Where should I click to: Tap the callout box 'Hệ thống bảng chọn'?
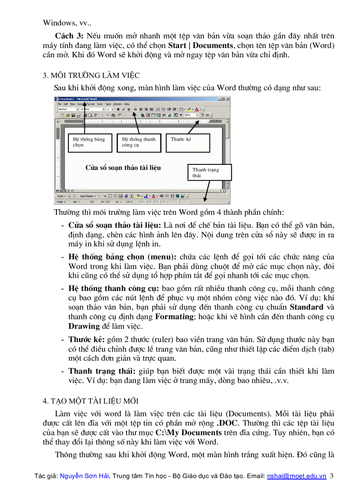(90, 142)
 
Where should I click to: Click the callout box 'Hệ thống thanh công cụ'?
(139, 142)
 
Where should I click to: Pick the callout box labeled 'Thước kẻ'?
(187, 142)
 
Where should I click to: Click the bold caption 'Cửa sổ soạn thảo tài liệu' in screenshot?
(123, 167)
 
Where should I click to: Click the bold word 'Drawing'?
(84, 326)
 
